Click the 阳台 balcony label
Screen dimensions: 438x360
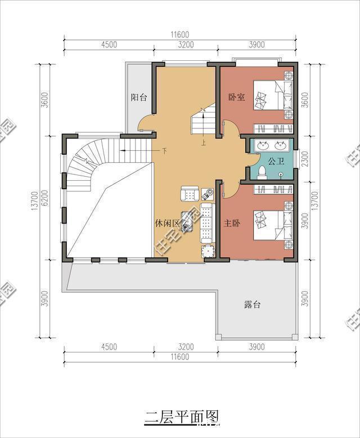tap(139, 97)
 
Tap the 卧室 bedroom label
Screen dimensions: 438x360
tap(236, 97)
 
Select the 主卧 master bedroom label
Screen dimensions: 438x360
tap(232, 224)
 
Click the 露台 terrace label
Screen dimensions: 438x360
tap(253, 305)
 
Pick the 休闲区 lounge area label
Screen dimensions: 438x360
tap(168, 224)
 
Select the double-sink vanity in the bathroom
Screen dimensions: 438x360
tap(272, 146)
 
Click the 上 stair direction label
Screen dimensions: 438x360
tap(202, 142)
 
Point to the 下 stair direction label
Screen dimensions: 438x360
tap(165, 151)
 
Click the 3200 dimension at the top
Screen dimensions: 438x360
tap(186, 44)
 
